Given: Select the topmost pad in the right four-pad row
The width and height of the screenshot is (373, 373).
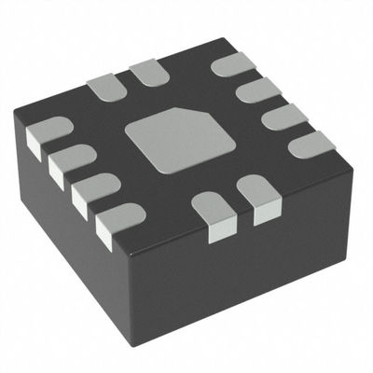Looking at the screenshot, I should tap(232, 63).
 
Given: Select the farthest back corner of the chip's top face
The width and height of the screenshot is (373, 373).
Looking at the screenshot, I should tap(227, 39).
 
